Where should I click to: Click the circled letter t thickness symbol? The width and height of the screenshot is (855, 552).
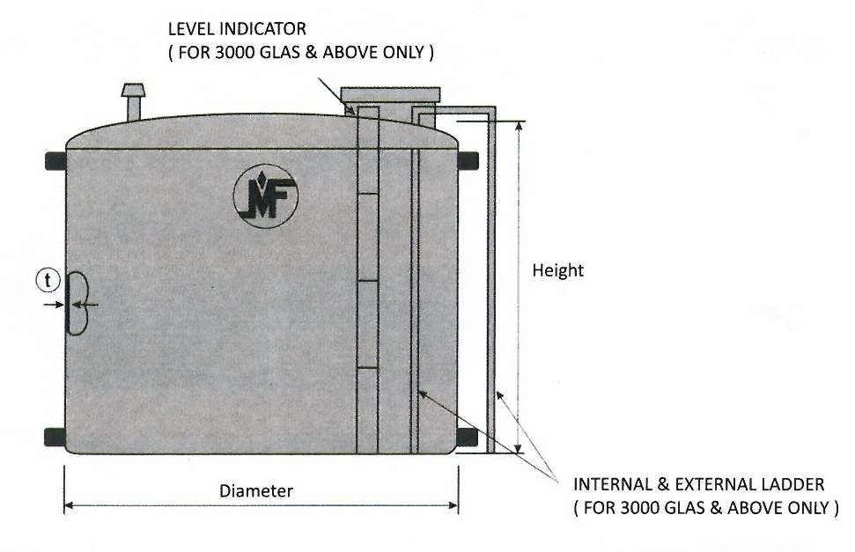[x=48, y=280]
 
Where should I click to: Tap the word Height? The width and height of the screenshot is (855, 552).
[x=558, y=270]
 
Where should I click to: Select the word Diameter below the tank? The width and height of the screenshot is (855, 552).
[x=256, y=491]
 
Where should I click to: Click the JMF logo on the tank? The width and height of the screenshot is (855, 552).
[x=265, y=195]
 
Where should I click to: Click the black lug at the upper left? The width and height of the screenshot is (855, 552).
[x=55, y=161]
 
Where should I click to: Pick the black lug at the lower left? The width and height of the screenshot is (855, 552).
[x=55, y=437]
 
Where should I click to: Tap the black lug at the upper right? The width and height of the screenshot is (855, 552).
[x=468, y=161]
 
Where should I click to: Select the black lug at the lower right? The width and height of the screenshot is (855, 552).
[x=467, y=437]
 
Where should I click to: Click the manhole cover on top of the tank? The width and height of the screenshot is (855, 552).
[x=390, y=94]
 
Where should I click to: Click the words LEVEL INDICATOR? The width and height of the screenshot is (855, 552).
[x=237, y=28]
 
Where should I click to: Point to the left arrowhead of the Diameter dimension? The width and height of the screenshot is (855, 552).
[x=69, y=505]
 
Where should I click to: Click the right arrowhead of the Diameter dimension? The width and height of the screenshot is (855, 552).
[x=453, y=505]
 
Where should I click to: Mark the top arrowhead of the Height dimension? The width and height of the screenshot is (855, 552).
[x=519, y=127]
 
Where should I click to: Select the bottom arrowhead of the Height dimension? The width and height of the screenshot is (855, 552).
[x=519, y=447]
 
